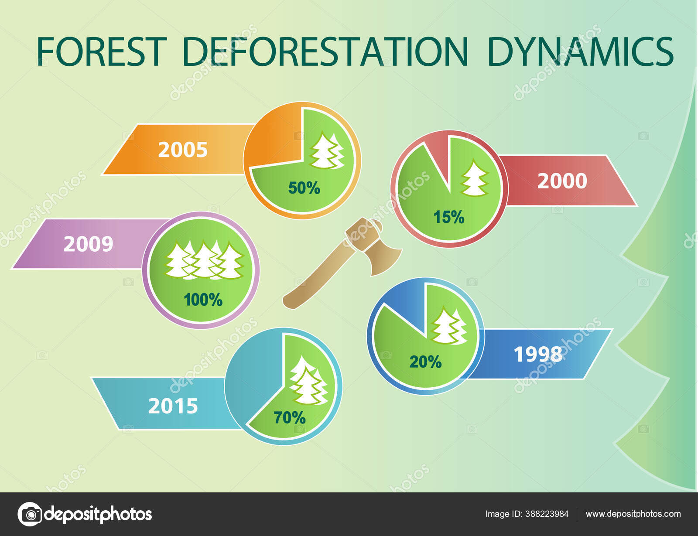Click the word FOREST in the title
(102, 51)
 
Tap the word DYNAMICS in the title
(580, 51)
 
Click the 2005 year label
(183, 150)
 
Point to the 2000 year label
(562, 181)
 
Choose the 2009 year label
(89, 244)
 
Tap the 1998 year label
(538, 354)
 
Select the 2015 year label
(173, 406)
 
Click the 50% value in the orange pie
(304, 188)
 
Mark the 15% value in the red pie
(448, 217)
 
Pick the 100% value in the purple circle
(203, 300)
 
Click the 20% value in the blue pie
(425, 362)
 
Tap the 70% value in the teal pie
(290, 417)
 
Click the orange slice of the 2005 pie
(275, 140)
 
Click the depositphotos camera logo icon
(30, 514)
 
